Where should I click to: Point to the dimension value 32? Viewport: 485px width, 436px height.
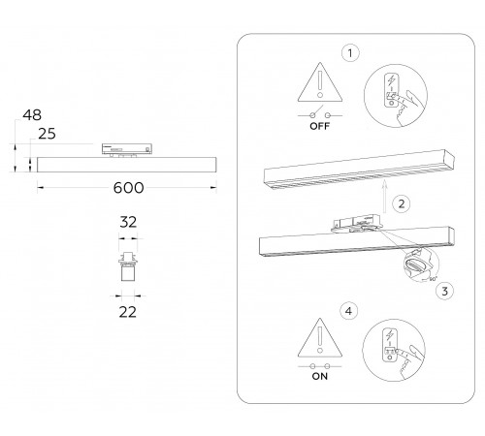128,222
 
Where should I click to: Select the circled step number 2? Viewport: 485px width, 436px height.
400,204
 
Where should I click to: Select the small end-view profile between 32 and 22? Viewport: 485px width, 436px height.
127,266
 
